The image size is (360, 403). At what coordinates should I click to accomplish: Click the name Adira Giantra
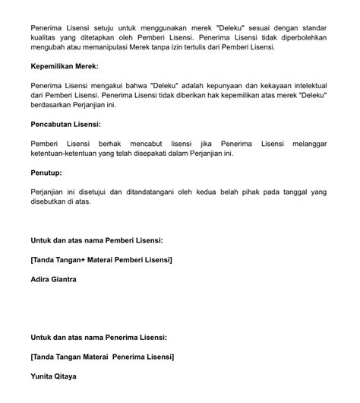54,279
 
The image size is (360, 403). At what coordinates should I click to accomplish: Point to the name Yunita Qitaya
54,375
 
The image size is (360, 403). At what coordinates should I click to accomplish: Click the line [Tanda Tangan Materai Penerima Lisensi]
103,356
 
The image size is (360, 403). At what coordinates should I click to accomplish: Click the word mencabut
140,143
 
